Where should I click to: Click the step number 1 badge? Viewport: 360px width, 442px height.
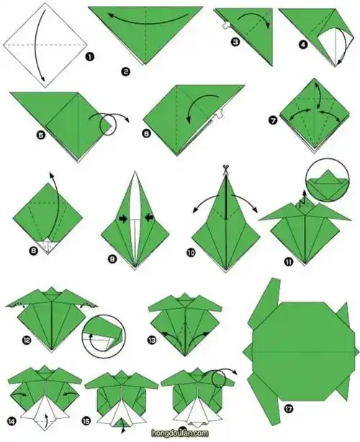point(89,57)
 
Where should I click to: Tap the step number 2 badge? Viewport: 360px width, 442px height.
point(126,71)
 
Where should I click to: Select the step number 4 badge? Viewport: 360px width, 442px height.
point(303,45)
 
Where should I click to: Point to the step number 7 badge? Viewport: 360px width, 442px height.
point(273,120)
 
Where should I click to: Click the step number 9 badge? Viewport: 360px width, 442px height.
point(112,258)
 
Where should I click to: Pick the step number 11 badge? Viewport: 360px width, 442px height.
point(289,262)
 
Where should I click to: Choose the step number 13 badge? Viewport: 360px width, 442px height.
point(152,340)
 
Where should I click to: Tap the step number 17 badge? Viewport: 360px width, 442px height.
point(289,409)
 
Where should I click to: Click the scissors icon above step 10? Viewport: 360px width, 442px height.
point(225,169)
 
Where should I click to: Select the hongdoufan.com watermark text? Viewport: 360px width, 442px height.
point(180,433)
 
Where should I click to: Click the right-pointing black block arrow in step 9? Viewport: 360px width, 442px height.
point(123,220)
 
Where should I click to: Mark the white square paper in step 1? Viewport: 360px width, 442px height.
point(45,45)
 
